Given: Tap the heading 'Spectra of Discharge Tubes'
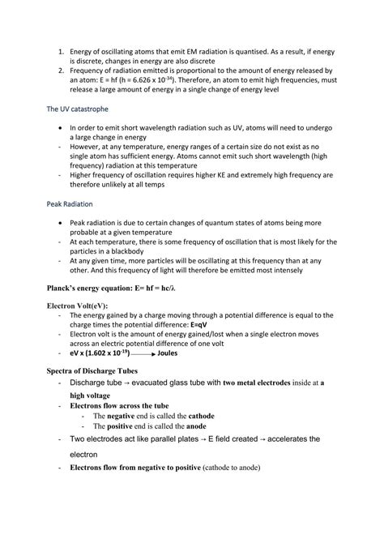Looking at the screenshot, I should tap(101, 370).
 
